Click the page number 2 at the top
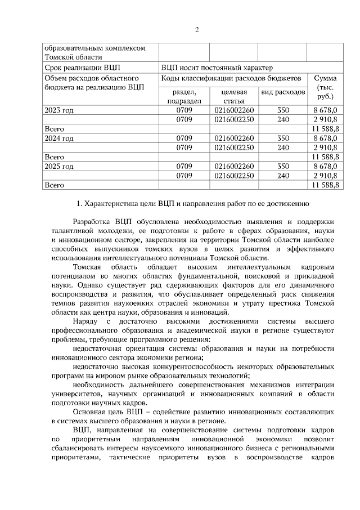pos(197,29)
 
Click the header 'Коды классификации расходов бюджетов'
pos(231,78)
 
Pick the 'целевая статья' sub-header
pos(234,96)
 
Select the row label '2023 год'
pos(58,110)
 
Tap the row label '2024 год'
pos(58,138)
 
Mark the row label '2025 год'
pos(58,166)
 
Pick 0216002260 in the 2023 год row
pos(234,110)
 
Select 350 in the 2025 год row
pos(283,166)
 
